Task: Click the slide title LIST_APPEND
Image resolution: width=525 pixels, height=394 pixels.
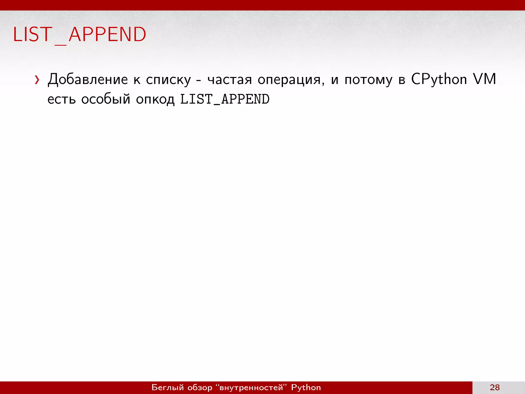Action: click(x=79, y=35)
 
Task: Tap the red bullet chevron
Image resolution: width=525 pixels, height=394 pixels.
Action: click(x=37, y=80)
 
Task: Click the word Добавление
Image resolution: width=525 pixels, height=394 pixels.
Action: click(x=88, y=80)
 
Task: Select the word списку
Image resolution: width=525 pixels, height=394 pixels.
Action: click(x=168, y=80)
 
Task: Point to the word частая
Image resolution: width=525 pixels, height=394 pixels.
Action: click(x=230, y=80)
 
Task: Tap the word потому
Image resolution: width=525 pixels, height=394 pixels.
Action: click(x=368, y=80)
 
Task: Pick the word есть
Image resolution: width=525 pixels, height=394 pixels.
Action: click(x=62, y=100)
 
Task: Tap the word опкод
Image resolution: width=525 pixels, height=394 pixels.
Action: click(x=155, y=100)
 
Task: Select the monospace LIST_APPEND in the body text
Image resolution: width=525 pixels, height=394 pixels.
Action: click(x=225, y=100)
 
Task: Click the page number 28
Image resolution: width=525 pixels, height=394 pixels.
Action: click(x=494, y=387)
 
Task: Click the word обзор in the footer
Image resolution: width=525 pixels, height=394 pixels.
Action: click(x=200, y=387)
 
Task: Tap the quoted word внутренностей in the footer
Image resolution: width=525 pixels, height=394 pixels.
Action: click(x=251, y=387)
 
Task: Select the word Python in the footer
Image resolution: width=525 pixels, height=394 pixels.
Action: click(x=306, y=387)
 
